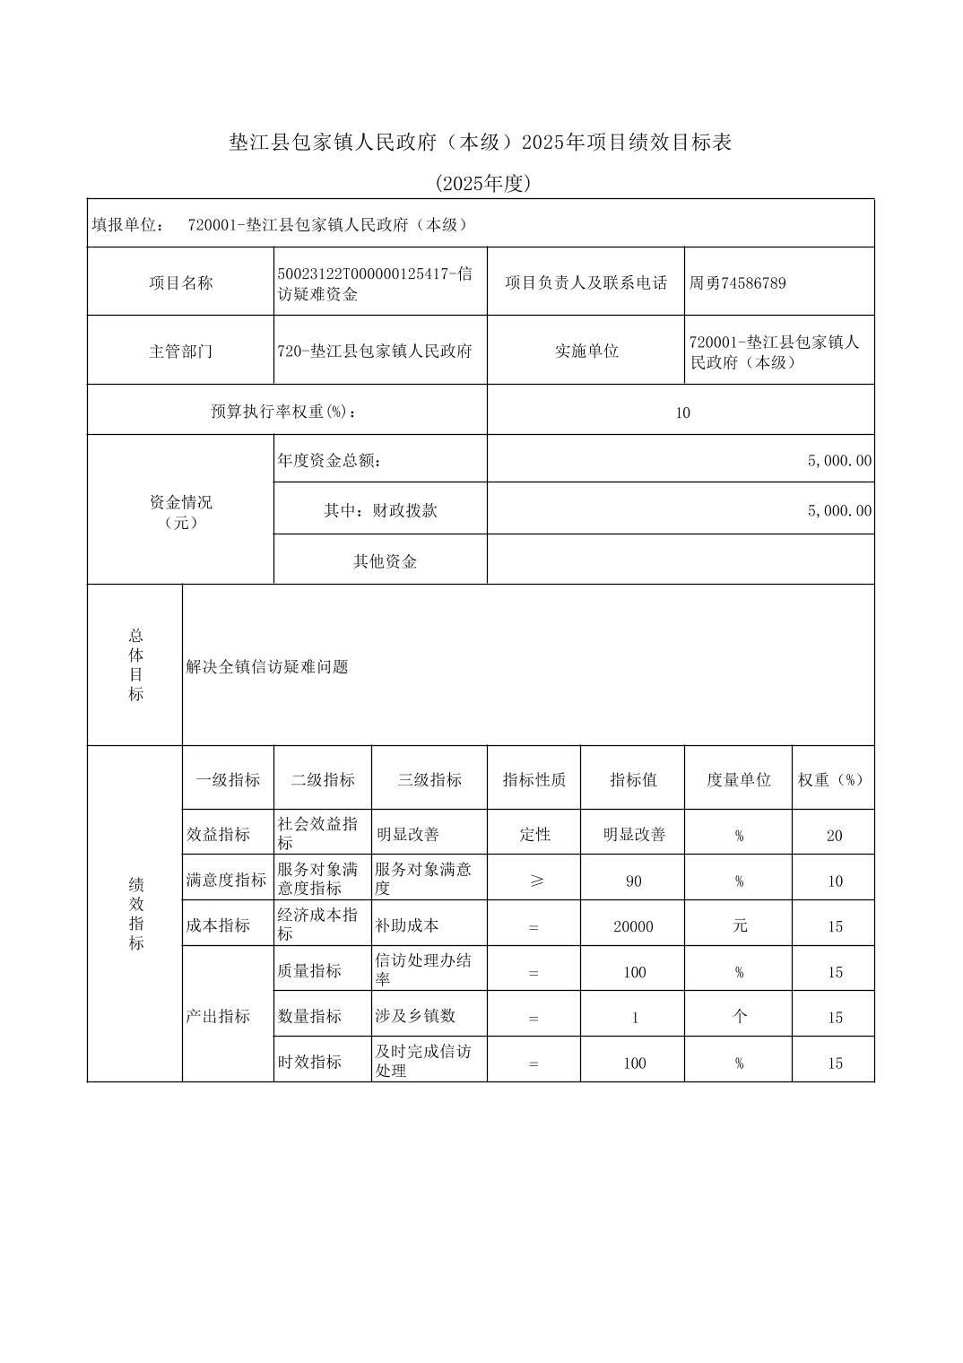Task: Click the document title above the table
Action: point(481,143)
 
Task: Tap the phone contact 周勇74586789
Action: point(737,283)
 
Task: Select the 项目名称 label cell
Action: point(180,283)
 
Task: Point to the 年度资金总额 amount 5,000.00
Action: point(838,461)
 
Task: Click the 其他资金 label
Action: point(385,561)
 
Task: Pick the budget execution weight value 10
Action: point(682,412)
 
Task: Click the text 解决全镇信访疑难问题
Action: point(267,667)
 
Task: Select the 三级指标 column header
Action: point(429,780)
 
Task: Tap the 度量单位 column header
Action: point(738,780)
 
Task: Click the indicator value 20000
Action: point(633,926)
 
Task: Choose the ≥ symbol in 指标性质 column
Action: point(535,881)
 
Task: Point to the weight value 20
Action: point(834,836)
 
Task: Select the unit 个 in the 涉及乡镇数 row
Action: point(739,1017)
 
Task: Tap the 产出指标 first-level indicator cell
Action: point(218,1017)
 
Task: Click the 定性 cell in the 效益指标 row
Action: point(534,835)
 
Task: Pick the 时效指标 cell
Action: point(310,1062)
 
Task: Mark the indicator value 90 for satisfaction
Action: point(633,881)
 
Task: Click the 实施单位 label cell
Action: point(586,352)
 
